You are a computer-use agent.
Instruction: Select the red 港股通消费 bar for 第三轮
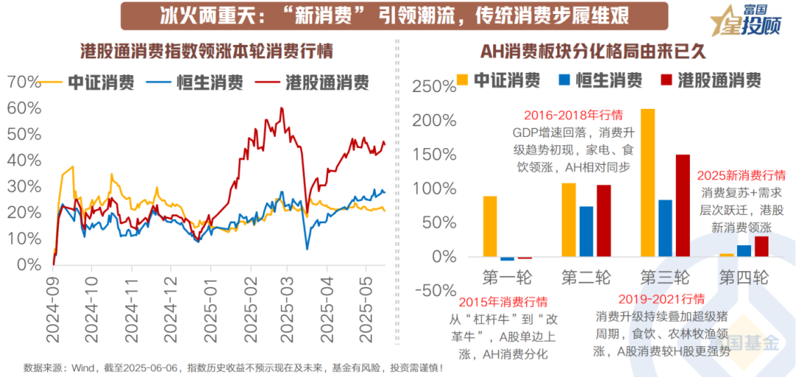click(682, 205)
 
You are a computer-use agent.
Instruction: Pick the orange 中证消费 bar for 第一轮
click(490, 227)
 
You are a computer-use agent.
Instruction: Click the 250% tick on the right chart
click(435, 86)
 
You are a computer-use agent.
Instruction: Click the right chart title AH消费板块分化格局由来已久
click(593, 51)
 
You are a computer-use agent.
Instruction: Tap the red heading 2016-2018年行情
click(573, 116)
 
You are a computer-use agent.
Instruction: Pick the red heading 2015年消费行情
click(503, 301)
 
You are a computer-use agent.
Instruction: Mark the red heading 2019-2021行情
click(661, 299)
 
